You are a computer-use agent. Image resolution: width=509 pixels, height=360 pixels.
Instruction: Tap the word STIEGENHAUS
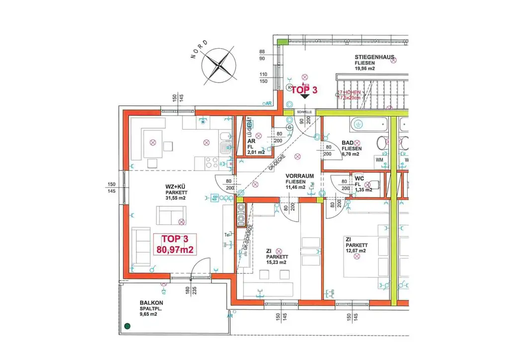(x=375, y=58)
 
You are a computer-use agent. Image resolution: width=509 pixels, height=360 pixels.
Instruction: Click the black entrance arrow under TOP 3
(x=304, y=96)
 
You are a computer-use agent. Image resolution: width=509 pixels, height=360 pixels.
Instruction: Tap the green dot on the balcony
(x=128, y=326)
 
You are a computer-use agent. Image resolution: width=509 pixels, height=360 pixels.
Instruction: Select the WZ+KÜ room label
(x=177, y=187)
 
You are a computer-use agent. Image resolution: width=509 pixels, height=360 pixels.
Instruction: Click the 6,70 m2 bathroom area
(x=351, y=155)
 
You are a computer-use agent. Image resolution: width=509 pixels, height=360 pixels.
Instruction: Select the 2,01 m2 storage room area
(x=256, y=153)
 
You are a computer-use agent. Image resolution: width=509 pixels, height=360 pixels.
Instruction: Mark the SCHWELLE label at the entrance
(x=304, y=112)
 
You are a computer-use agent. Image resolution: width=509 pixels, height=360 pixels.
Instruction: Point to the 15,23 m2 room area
(x=276, y=263)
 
